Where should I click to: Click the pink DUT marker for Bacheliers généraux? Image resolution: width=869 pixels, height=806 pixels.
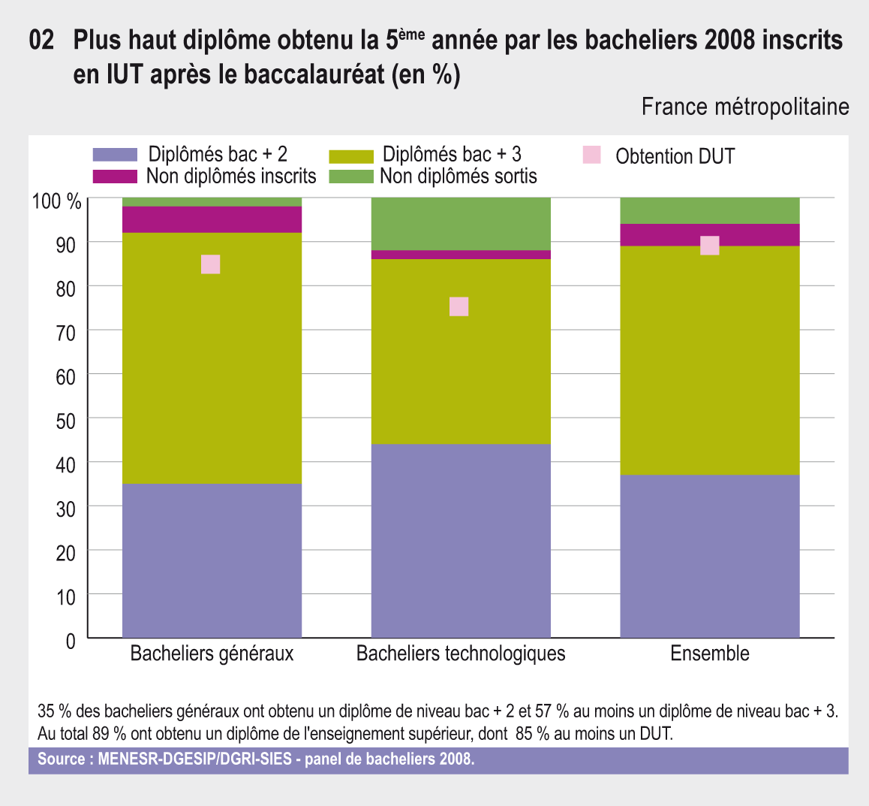pos(211,264)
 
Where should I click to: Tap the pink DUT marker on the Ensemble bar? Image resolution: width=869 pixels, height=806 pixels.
pos(710,246)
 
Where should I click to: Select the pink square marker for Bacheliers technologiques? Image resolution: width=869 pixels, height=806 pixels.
pos(459,306)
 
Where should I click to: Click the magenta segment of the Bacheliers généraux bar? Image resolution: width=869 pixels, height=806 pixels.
pos(212,219)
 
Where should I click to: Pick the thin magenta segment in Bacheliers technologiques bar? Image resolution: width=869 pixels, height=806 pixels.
pos(461,255)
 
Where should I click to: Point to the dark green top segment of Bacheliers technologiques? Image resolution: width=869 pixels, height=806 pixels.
pos(461,223)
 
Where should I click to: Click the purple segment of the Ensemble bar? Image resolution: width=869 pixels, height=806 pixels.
pos(710,556)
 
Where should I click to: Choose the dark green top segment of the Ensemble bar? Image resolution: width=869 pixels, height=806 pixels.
pos(710,210)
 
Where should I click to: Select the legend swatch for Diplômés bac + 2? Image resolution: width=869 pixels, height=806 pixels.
pos(115,155)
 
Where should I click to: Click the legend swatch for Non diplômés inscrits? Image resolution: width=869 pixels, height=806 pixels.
pos(115,177)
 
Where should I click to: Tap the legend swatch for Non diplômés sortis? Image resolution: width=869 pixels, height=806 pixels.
pos(350,177)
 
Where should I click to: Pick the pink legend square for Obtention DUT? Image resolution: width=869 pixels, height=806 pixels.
pos(592,155)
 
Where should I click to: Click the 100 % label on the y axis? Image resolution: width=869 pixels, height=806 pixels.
pos(56,201)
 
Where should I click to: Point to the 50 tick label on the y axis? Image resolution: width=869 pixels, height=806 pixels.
pos(66,421)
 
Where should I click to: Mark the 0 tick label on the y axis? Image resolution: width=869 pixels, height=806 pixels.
pos(71,641)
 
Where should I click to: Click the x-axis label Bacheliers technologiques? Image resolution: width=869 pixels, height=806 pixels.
pos(461,654)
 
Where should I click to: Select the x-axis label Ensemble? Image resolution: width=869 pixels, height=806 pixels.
pos(710,654)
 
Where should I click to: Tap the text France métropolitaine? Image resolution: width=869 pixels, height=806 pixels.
pos(745,107)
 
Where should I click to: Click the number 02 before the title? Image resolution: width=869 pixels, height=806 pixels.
pos(42,41)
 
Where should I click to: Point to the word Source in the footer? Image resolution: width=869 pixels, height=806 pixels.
pos(62,759)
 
